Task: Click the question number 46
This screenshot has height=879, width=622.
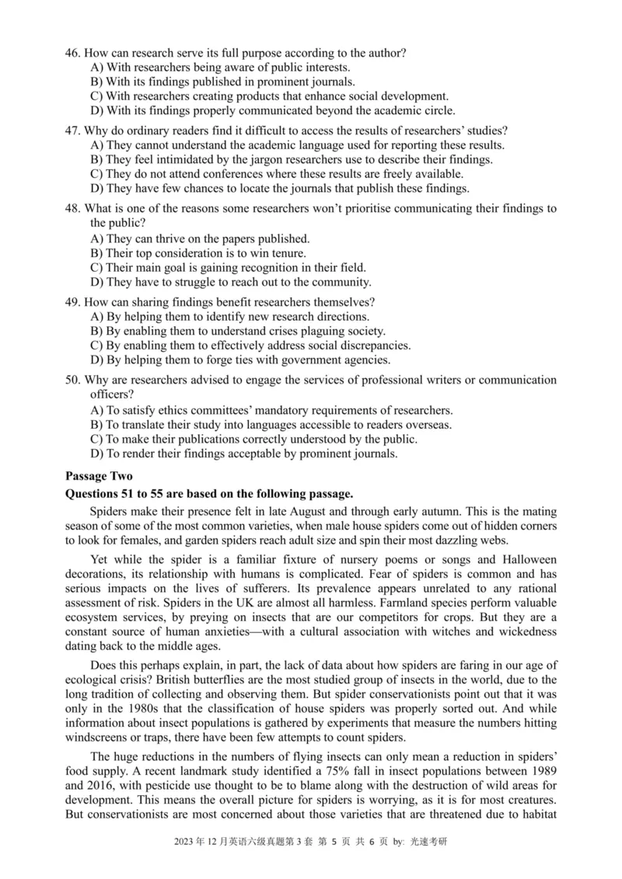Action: pyautogui.click(x=72, y=53)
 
